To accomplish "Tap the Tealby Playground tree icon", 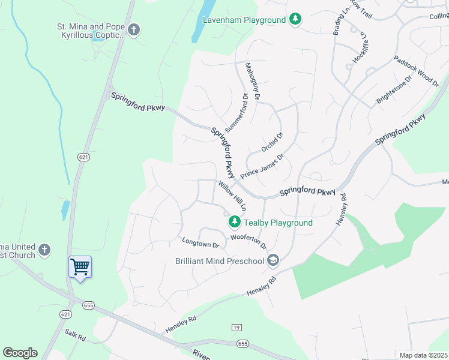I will [234, 223].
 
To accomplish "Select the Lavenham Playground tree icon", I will [295, 20].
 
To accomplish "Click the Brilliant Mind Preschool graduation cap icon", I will [273, 260].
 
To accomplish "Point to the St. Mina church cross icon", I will [133, 29].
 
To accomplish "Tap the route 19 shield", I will [237, 327].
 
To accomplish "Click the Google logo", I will [20, 353].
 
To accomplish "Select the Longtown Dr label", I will [200, 243].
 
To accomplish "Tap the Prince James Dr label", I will [262, 166].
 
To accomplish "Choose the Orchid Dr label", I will [272, 142].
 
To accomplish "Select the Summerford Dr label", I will [236, 113].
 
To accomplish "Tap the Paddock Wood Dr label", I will [416, 71].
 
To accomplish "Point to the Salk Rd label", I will [76, 336].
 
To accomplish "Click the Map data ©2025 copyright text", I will [424, 355].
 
